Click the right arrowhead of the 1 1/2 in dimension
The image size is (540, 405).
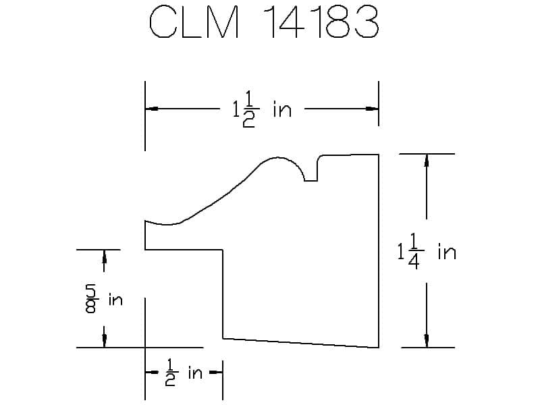(371, 108)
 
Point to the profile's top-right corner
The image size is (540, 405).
(378, 155)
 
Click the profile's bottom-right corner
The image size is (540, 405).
(378, 348)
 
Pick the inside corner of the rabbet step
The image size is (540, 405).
(223, 250)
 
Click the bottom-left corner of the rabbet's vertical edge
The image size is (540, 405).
(223, 337)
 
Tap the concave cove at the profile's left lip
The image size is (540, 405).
(162, 223)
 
